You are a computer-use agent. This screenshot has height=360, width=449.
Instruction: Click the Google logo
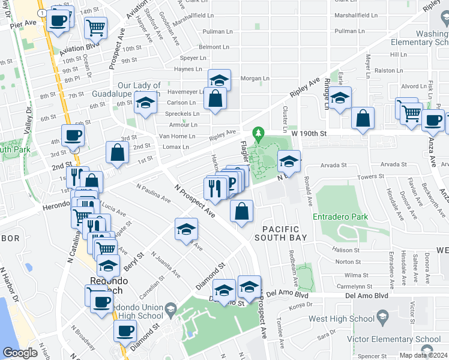coord(19,353)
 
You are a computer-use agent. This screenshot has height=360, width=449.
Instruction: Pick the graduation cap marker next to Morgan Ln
coord(220,80)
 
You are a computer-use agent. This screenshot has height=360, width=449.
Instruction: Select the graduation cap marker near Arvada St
coord(289,161)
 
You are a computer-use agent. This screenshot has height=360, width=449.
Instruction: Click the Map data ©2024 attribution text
coord(423,355)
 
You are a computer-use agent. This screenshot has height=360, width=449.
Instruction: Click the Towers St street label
coord(371,176)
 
